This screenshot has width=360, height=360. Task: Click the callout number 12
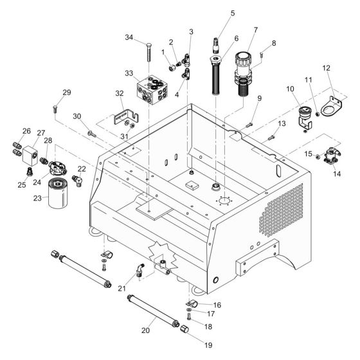[327, 68]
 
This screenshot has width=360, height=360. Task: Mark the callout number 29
[66, 93]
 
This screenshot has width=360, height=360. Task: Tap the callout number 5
[214, 13]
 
